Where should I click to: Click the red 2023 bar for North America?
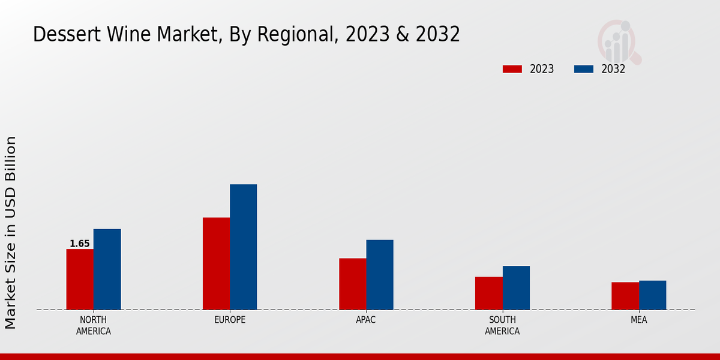pyautogui.click(x=80, y=280)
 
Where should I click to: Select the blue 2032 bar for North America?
pyautogui.click(x=107, y=269)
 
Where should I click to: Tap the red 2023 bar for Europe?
pyautogui.click(x=216, y=263)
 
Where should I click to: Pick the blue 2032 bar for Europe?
pyautogui.click(x=243, y=247)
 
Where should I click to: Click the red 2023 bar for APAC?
pyautogui.click(x=352, y=284)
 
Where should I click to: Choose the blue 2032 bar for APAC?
pyautogui.click(x=380, y=275)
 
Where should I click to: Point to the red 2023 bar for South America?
pyautogui.click(x=488, y=293)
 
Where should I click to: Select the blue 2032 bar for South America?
pyautogui.click(x=516, y=288)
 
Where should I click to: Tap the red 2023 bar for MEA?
pyautogui.click(x=625, y=296)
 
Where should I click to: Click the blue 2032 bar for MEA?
pyautogui.click(x=652, y=295)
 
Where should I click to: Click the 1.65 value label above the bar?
pyautogui.click(x=80, y=244)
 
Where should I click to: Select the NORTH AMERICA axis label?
pyautogui.click(x=94, y=325)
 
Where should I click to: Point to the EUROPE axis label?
pyautogui.click(x=230, y=320)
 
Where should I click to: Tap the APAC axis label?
pyautogui.click(x=366, y=320)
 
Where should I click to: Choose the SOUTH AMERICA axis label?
pyautogui.click(x=502, y=325)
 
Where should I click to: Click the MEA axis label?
pyautogui.click(x=638, y=320)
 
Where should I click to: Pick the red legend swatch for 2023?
pyautogui.click(x=512, y=69)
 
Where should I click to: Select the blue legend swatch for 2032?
pyautogui.click(x=583, y=69)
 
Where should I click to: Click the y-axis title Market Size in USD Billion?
pyautogui.click(x=11, y=232)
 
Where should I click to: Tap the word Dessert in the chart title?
pyautogui.click(x=59, y=35)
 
